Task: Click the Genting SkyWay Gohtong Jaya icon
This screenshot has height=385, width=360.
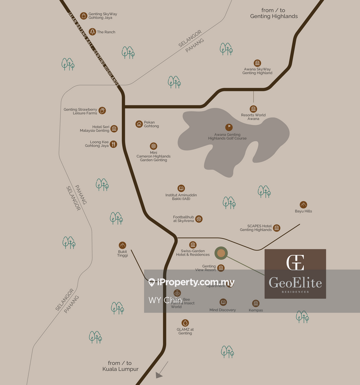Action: click(84, 15)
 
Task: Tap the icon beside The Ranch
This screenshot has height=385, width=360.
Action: click(92, 32)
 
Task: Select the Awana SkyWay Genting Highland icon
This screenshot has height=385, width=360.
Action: click(257, 63)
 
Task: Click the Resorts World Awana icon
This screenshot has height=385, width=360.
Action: click(253, 109)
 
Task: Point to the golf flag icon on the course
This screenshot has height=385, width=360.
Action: click(229, 127)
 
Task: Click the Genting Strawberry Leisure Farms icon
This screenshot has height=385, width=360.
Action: click(103, 110)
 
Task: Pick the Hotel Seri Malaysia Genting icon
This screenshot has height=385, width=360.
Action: click(114, 128)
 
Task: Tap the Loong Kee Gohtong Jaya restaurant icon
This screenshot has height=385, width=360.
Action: click(114, 144)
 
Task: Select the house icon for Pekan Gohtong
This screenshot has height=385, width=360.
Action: click(139, 124)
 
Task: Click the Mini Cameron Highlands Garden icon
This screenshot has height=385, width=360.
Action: click(154, 146)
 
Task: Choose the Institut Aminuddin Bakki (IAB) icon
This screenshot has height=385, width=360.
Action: click(181, 188)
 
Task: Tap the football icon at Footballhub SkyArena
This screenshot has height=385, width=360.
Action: click(199, 219)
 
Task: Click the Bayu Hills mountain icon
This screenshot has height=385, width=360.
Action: click(303, 205)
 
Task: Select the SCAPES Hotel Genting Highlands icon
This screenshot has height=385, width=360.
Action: click(276, 228)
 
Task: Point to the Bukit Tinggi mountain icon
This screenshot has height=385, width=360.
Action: click(122, 245)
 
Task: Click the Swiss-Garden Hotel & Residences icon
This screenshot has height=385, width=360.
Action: click(193, 245)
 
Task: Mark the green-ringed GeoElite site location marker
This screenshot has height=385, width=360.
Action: click(221, 253)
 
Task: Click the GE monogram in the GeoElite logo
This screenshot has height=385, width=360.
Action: click(295, 263)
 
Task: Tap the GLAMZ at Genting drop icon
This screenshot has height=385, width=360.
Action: click(185, 323)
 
